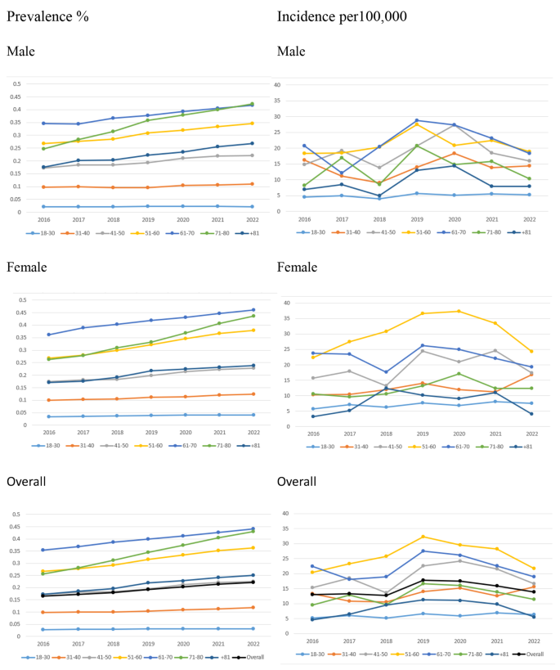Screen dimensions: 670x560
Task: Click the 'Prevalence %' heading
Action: [47, 16]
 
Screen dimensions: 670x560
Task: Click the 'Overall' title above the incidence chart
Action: [298, 482]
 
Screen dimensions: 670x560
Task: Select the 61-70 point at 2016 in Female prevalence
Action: [49, 335]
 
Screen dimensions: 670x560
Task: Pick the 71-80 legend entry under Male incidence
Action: [487, 232]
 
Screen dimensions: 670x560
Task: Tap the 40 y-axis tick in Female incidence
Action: [299, 303]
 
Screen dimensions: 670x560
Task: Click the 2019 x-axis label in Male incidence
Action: [417, 219]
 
